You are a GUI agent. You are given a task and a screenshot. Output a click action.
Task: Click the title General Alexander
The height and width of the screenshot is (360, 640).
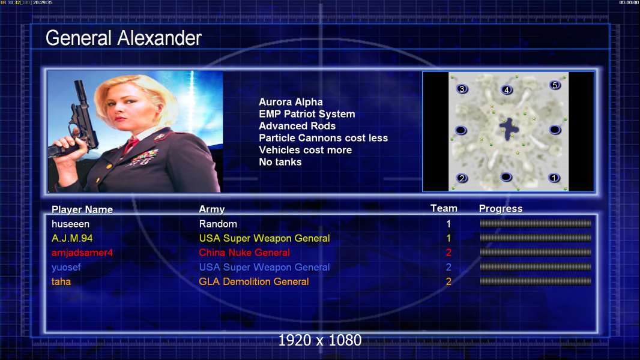[x=123, y=38]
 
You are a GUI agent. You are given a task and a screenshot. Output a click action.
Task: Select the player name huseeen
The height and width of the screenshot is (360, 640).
[x=70, y=224]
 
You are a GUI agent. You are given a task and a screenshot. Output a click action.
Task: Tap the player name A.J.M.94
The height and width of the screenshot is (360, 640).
[x=72, y=238]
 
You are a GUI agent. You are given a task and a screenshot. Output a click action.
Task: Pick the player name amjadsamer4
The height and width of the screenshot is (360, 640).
[x=82, y=253]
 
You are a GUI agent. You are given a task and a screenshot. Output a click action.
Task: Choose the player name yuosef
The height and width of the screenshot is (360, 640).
[x=66, y=268]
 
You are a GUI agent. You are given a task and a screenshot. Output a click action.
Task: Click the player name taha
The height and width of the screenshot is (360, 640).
[x=61, y=282]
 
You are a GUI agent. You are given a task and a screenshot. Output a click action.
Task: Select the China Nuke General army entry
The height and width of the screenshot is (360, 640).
[x=244, y=253]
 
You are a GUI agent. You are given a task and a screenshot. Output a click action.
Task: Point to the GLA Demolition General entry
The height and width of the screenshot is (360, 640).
[x=254, y=282]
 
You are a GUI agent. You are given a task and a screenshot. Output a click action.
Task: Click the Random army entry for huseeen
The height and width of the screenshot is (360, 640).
[x=218, y=224]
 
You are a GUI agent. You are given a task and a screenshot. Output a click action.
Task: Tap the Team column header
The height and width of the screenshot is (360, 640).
[x=444, y=208]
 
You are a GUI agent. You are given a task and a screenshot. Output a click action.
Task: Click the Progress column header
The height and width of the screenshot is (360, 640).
[x=501, y=209]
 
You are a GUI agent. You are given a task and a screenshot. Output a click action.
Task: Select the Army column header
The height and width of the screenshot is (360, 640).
[x=212, y=209]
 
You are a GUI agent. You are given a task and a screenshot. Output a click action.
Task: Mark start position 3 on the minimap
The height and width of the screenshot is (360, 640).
[x=462, y=89]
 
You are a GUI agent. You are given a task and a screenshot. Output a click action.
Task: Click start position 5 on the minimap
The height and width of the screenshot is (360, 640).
[x=555, y=85]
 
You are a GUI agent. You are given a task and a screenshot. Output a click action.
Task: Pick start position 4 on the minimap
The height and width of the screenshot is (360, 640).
[x=507, y=89]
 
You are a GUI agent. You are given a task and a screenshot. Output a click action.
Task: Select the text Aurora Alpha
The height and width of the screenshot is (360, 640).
[x=291, y=102]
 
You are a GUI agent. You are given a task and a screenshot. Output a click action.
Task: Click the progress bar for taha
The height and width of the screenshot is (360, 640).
[x=536, y=281]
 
